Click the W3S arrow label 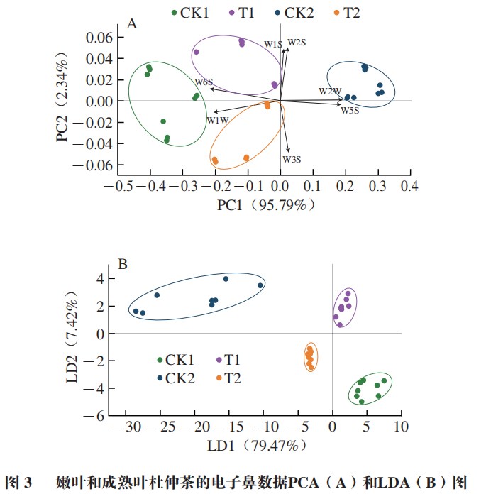coord(292,159)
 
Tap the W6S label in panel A coord(204,82)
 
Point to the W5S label coord(350,110)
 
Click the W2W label coord(330,91)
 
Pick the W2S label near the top coord(297,43)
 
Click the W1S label coord(274,45)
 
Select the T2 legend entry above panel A coord(346,13)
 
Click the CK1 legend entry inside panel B coord(176,361)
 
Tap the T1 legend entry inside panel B coord(229,361)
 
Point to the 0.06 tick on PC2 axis coord(99,37)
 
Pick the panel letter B coord(122,265)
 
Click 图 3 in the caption coord(19,483)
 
